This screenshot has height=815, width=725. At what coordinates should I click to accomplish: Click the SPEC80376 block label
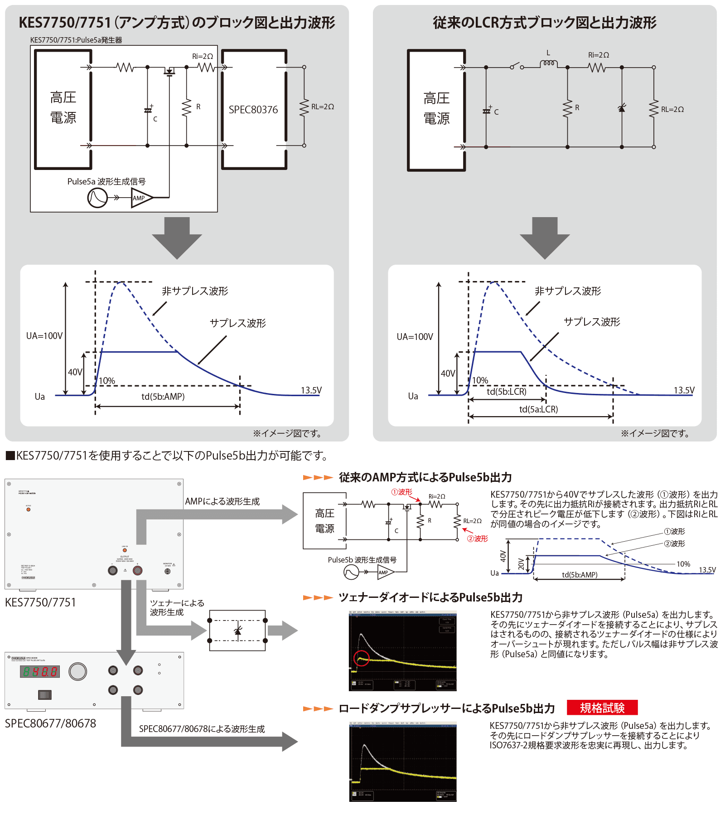point(253,110)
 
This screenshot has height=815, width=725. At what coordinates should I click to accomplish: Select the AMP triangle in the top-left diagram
point(141,198)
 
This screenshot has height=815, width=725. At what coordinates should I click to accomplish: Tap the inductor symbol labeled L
point(548,64)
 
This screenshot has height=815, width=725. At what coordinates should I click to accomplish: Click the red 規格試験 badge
point(602,708)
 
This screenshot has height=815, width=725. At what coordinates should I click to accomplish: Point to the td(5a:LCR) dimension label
point(538,409)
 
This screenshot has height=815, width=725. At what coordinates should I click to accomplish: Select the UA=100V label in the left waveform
point(44,336)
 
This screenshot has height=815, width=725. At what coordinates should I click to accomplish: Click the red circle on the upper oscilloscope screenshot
point(362,658)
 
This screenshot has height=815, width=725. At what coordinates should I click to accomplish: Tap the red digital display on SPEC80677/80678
point(40,671)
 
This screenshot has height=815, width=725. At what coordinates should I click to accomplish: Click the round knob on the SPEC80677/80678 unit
point(78,671)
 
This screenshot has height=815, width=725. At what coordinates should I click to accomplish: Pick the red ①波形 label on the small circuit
point(401,492)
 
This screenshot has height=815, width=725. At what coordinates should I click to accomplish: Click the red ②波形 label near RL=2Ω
point(478,538)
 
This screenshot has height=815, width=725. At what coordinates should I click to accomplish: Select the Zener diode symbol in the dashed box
point(237,631)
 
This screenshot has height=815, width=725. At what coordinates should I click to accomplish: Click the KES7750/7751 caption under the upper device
point(40,602)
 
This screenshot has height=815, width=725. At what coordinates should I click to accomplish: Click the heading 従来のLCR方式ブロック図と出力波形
point(544,23)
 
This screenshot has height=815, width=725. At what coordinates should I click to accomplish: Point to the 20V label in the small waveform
point(521,564)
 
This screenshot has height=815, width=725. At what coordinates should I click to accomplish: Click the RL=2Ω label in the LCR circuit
point(672,109)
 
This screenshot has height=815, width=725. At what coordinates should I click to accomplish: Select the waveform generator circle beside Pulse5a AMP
point(97,198)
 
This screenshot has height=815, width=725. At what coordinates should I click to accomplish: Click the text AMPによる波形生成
point(222,501)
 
